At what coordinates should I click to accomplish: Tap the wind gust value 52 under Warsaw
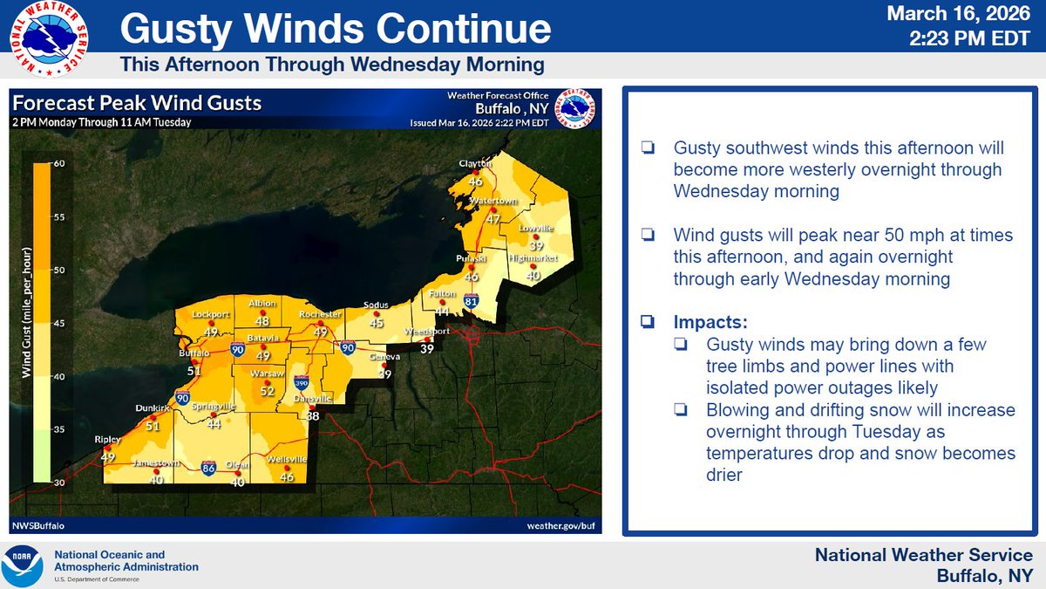[268, 392]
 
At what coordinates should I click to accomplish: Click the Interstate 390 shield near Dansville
[302, 382]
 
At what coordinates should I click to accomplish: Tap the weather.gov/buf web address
[562, 526]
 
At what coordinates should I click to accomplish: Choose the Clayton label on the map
[476, 164]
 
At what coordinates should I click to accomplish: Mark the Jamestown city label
[155, 462]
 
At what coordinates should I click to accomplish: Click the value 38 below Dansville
[313, 416]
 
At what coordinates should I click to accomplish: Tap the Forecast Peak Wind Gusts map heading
[138, 103]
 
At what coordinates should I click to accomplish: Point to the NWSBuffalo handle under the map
[38, 526]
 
